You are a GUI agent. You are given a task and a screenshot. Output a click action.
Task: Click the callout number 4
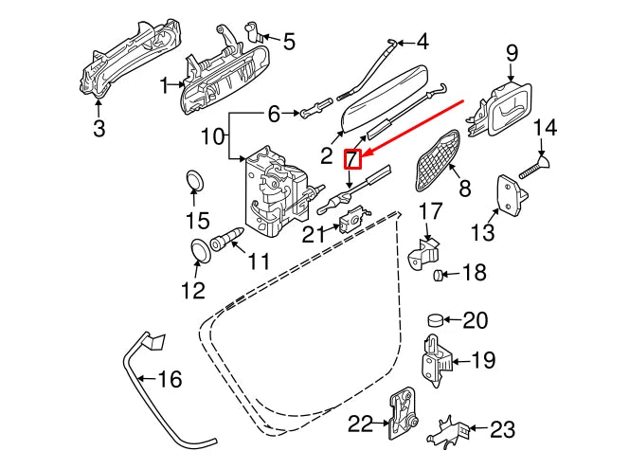point(422,42)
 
